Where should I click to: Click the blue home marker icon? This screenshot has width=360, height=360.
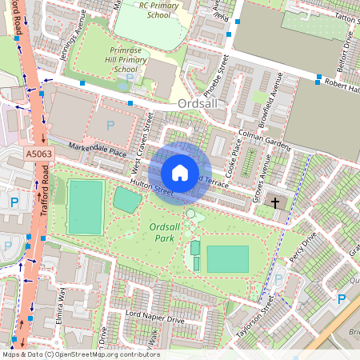click(x=180, y=173)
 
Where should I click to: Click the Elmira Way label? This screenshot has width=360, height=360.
click(x=61, y=302)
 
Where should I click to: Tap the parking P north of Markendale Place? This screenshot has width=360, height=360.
click(x=110, y=125)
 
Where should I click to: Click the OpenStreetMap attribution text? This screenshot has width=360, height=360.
click(x=80, y=354)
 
